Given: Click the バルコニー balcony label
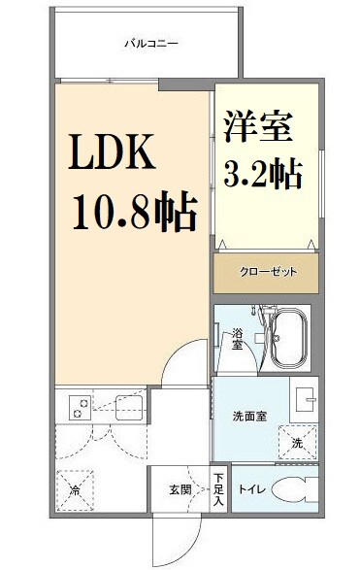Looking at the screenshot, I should (149, 43).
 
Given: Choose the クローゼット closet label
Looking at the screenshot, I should (266, 272).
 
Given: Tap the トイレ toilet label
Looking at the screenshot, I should (250, 489).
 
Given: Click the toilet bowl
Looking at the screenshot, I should (298, 490).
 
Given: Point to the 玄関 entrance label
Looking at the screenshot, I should (181, 489).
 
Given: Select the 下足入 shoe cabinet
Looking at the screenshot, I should (219, 490).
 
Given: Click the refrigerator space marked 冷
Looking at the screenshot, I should (75, 490).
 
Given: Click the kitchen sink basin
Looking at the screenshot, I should (129, 409).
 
